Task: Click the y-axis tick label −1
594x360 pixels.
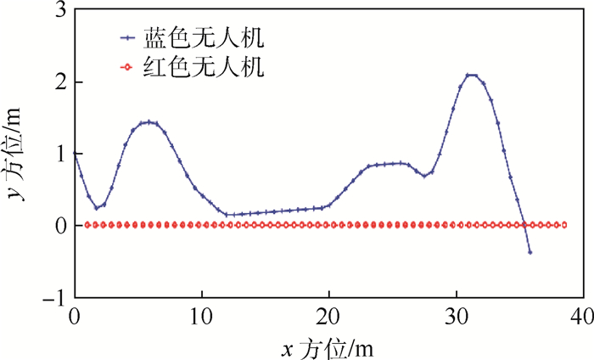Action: pyautogui.click(x=55, y=298)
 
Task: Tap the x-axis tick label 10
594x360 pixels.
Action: pyautogui.click(x=202, y=317)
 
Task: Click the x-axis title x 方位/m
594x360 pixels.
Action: pyautogui.click(x=328, y=346)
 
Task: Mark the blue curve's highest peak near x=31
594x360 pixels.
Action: pyautogui.click(x=471, y=76)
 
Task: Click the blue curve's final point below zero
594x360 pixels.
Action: pyautogui.click(x=530, y=252)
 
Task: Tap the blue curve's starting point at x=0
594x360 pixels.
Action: pyautogui.click(x=75, y=154)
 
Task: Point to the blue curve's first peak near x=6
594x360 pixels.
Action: pyautogui.click(x=148, y=122)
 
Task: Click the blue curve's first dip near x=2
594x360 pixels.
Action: pyautogui.click(x=97, y=207)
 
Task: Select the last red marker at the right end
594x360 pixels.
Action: pyautogui.click(x=564, y=225)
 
